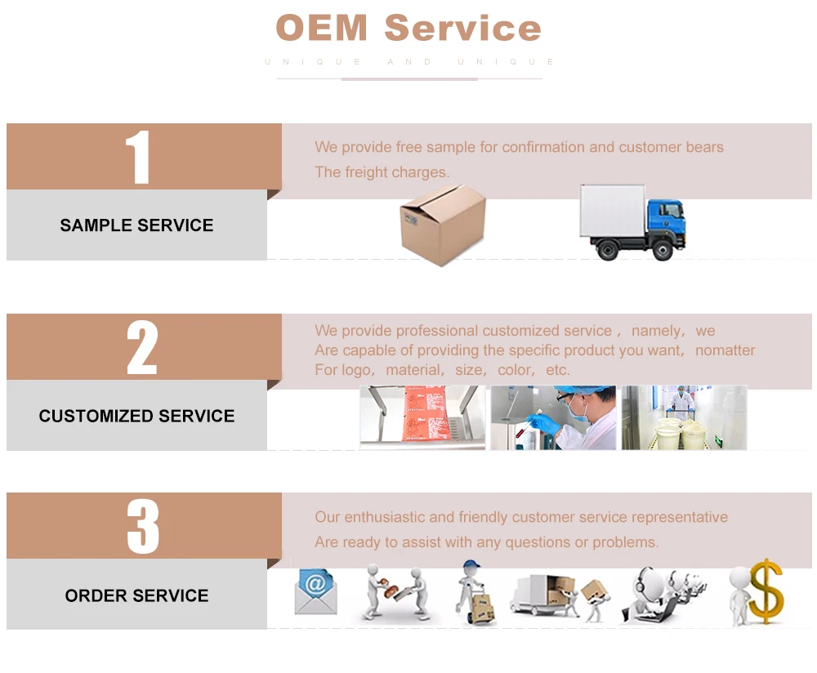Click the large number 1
tap(138, 158)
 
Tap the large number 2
tap(141, 348)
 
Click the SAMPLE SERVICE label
tap(136, 225)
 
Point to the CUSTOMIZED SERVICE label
tap(136, 416)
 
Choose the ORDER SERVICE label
tap(136, 595)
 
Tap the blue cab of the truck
tap(665, 219)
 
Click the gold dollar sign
tap(766, 591)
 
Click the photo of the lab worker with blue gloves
tap(553, 417)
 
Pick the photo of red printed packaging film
tap(422, 417)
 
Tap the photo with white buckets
tap(684, 417)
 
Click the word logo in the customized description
tap(356, 370)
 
